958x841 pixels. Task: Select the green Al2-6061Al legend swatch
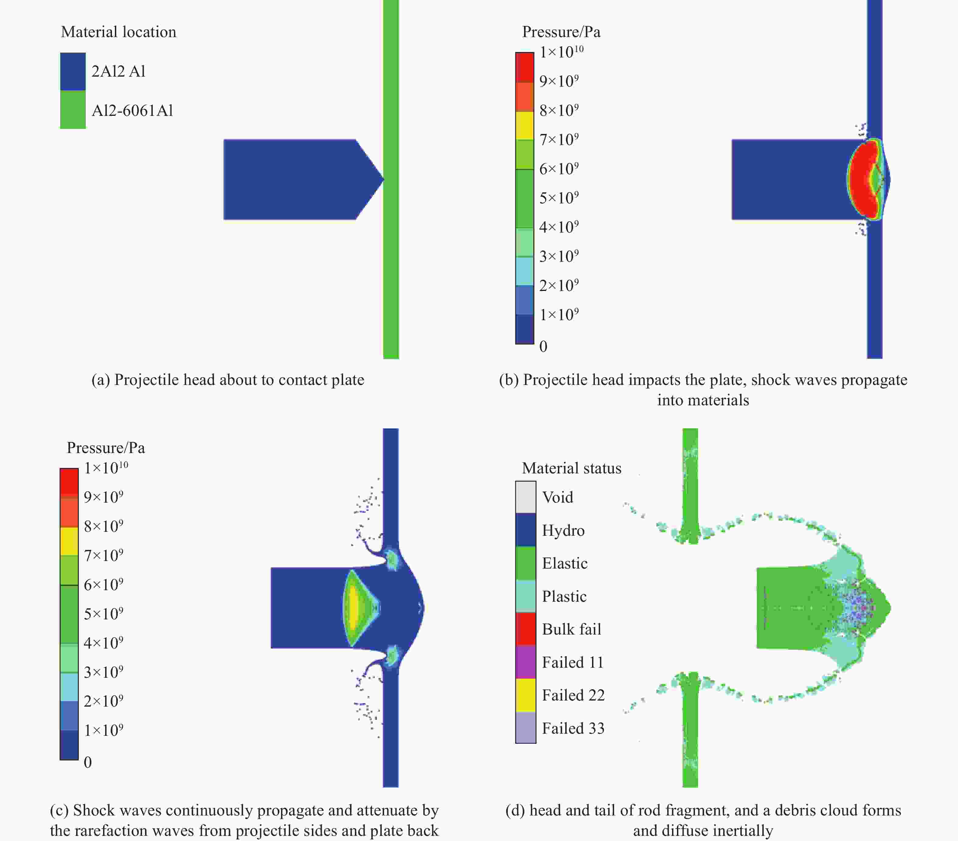(x=73, y=110)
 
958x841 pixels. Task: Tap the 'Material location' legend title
(x=119, y=32)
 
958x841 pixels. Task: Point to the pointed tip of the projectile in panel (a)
(x=384, y=179)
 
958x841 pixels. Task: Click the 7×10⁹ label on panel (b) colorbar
(x=559, y=139)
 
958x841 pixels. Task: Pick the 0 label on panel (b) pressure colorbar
(x=543, y=346)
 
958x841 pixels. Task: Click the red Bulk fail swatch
(x=526, y=629)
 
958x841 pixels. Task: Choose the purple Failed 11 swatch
(x=526, y=662)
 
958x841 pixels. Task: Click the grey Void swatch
(x=526, y=497)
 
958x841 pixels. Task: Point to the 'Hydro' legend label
(x=563, y=530)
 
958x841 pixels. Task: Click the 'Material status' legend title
(x=572, y=468)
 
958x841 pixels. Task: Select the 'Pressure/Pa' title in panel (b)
(x=561, y=32)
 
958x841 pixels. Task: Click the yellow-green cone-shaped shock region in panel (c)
(x=356, y=608)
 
